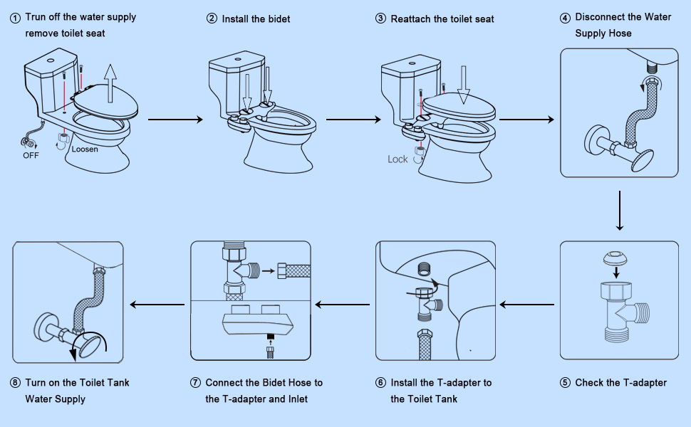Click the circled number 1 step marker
(15, 17)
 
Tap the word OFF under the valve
(31, 155)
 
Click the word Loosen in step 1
(85, 149)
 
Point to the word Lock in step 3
(398, 159)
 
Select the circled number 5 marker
(566, 383)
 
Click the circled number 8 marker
(15, 383)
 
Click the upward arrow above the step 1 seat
(108, 79)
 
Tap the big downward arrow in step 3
(464, 85)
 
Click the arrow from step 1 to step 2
(175, 120)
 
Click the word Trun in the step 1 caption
(36, 17)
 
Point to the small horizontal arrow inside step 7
(269, 270)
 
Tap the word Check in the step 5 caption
(589, 383)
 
